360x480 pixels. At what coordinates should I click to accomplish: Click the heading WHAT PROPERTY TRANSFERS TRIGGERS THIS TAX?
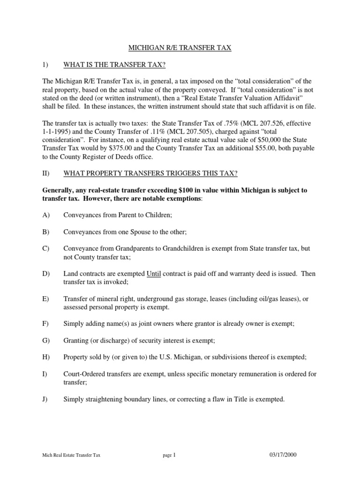[150, 173]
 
